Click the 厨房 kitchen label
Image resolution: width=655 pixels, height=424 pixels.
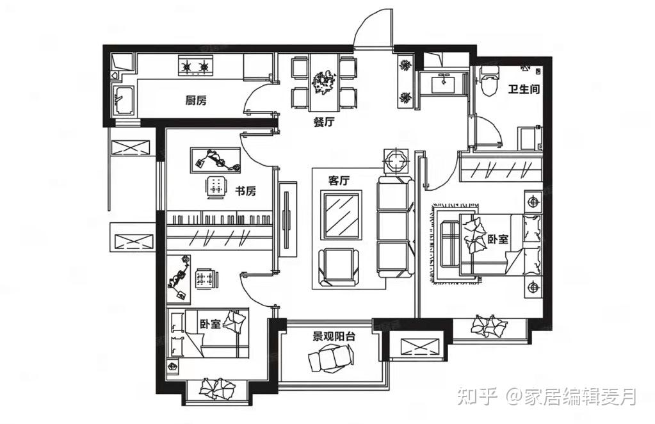pos(196,101)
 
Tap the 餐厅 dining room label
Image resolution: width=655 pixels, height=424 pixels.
pos(324,122)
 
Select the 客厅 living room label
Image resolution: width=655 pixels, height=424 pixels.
pos(338,181)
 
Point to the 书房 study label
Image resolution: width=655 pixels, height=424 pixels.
pos(246,191)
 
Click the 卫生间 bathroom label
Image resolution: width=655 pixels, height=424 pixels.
pos(524,89)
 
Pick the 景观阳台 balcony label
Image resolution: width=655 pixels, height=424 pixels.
pos(334,336)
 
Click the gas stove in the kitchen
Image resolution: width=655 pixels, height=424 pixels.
pos(194,66)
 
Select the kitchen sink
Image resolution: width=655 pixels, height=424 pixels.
pos(123,101)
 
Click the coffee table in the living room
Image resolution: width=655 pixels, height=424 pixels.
pos(341,215)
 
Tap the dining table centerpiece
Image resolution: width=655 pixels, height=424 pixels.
pos(324,82)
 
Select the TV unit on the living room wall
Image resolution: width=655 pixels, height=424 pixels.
pos(287,219)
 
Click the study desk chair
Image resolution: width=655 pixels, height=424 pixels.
pos(216,188)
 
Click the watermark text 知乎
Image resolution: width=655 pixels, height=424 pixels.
pos(476,396)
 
